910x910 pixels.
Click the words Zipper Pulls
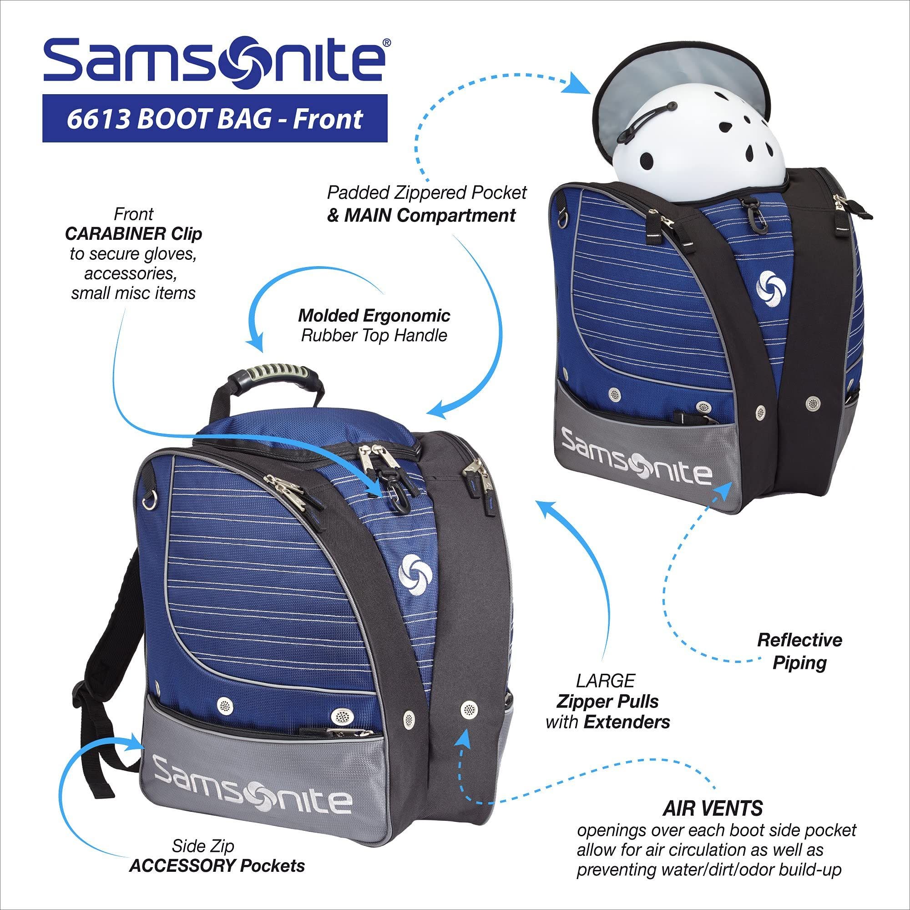coord(607,701)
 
